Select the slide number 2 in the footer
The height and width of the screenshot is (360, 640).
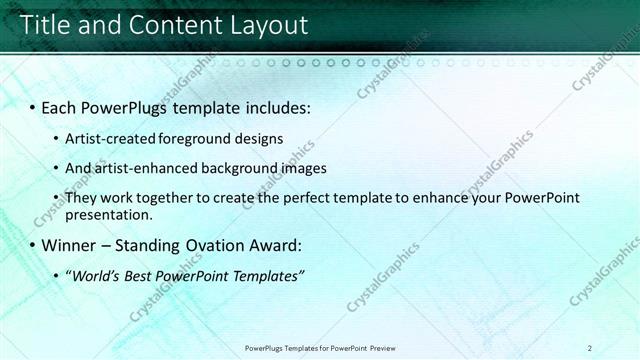point(590,348)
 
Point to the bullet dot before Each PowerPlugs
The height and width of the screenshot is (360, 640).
point(32,106)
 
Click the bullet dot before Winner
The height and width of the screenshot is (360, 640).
point(32,246)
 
